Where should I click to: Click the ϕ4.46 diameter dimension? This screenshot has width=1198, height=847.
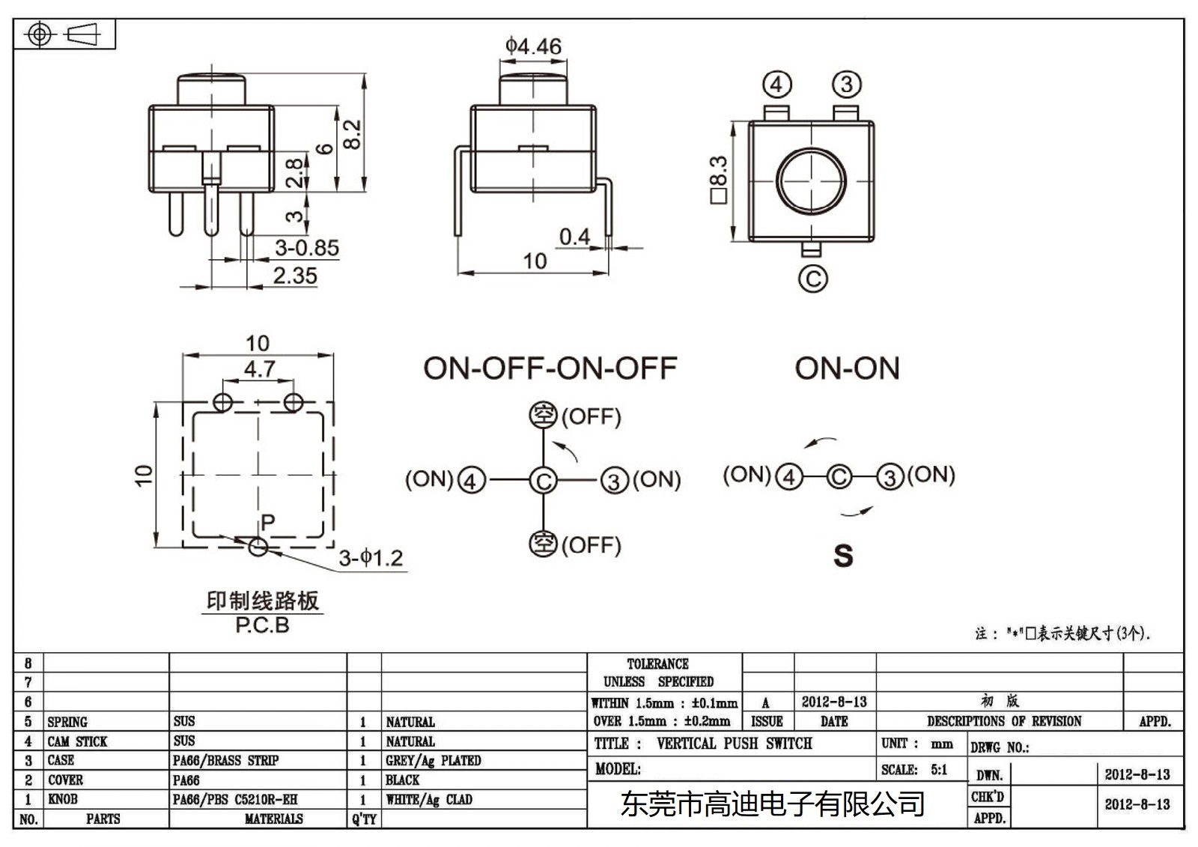[533, 46]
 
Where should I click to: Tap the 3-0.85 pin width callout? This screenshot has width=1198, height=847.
[306, 248]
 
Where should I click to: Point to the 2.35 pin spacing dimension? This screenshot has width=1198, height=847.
[294, 276]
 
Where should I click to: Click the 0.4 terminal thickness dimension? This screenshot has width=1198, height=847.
[574, 237]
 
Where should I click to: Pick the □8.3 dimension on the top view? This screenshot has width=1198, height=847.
[717, 180]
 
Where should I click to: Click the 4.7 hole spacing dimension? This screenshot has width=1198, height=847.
[259, 369]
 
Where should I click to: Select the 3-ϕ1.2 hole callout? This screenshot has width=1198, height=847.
[371, 558]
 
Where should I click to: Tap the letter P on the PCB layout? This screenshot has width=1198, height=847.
[267, 522]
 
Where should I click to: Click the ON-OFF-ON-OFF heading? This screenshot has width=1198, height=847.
[550, 368]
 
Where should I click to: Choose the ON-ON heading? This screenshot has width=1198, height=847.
[847, 368]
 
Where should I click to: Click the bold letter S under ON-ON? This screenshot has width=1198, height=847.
[843, 556]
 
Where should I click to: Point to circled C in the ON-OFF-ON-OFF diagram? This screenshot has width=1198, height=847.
[543, 480]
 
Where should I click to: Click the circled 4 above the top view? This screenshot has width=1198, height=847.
[776, 85]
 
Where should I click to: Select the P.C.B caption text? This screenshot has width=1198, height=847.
[262, 625]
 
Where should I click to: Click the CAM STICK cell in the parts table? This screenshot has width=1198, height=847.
[78, 741]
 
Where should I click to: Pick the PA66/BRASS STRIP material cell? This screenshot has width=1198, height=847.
[225, 760]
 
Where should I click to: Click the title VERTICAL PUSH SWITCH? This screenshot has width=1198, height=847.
[734, 744]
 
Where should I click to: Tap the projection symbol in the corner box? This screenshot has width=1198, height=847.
[64, 34]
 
